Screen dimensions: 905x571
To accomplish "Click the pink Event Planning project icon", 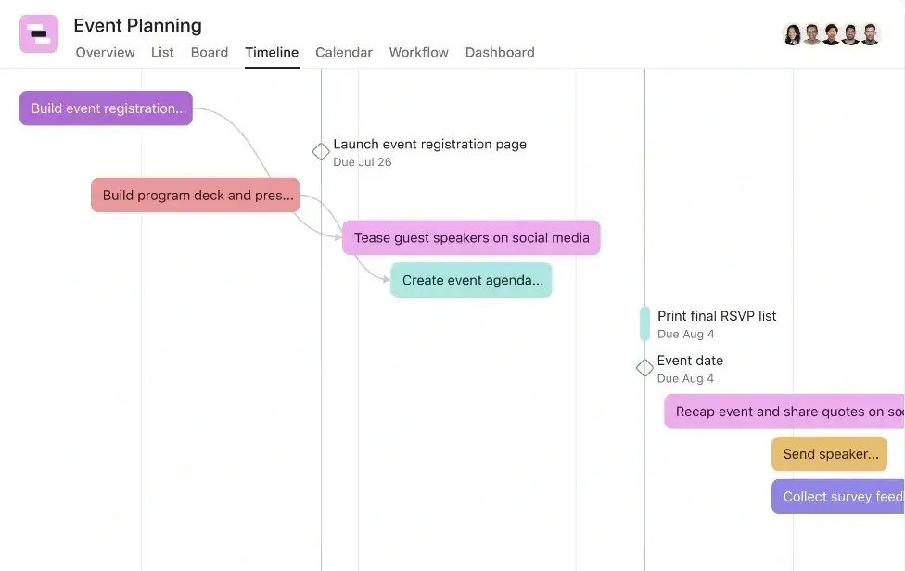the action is [x=39, y=33].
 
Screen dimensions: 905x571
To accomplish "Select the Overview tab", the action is [x=105, y=53].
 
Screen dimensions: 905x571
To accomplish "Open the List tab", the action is [x=162, y=53].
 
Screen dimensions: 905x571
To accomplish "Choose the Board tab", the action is [x=210, y=53].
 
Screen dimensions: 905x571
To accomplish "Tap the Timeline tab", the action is [x=272, y=53].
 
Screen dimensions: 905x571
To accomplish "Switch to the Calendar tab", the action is [x=344, y=53].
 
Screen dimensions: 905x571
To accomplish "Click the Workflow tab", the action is [x=418, y=53].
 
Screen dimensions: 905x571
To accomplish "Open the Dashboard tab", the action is [x=500, y=53].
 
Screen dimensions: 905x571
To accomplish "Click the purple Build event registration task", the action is [x=107, y=108].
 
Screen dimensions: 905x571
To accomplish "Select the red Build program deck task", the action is [x=195, y=195].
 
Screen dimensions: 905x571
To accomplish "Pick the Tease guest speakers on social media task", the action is [x=471, y=237].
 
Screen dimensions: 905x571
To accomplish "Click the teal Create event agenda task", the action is [x=471, y=280].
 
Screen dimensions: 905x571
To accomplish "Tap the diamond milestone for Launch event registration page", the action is [x=321, y=152].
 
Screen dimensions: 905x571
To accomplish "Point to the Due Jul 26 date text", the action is [x=363, y=162].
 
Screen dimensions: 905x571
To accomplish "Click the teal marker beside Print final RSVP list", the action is [x=644, y=324].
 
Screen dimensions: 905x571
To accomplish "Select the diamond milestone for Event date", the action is [x=644, y=367].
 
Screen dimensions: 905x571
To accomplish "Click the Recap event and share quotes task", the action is [x=784, y=412].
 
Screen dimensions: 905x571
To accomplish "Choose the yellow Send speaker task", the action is [x=829, y=454].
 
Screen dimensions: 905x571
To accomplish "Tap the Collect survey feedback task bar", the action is [x=838, y=497].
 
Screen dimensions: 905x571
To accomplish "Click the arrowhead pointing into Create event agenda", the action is [x=387, y=280].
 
